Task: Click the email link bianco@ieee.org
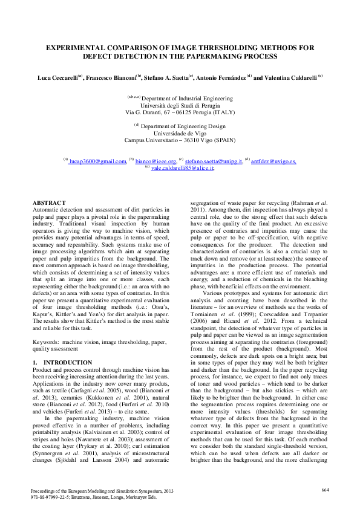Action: pyautogui.click(x=160, y=161)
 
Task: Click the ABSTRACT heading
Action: pyautogui.click(x=49, y=203)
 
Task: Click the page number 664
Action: pyautogui.click(x=325, y=489)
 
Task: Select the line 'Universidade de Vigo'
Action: pyautogui.click(x=180, y=133)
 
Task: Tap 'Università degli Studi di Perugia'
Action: pyautogui.click(x=180, y=105)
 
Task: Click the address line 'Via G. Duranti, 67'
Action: pyautogui.click(x=151, y=112)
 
